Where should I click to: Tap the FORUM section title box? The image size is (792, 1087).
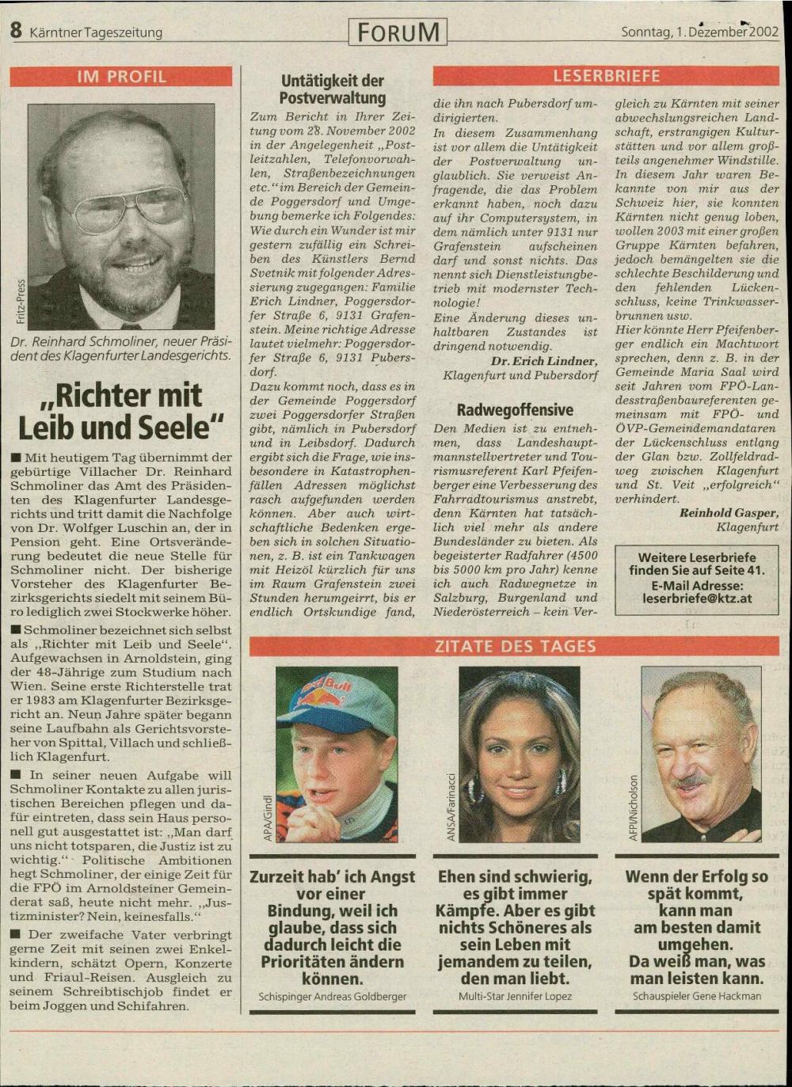(398, 32)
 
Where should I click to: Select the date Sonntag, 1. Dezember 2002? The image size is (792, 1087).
(699, 32)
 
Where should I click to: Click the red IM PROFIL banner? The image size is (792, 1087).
(121, 77)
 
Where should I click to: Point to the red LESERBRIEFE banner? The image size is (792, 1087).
(606, 77)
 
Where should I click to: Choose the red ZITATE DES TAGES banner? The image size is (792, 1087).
(515, 646)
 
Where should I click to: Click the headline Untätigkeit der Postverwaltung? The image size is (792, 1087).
(333, 89)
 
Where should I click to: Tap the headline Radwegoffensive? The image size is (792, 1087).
(515, 410)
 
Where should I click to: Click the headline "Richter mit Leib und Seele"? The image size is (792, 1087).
(121, 411)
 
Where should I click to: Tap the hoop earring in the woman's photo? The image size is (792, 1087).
(561, 781)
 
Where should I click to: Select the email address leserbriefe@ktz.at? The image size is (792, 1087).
(697, 599)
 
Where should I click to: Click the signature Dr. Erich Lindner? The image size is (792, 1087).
(543, 361)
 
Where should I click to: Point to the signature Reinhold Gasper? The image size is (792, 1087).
(729, 513)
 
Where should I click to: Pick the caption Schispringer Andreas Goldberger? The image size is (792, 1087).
(333, 997)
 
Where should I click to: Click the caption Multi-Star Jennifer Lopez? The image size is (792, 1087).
(515, 997)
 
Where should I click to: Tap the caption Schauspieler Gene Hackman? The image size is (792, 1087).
(697, 997)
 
